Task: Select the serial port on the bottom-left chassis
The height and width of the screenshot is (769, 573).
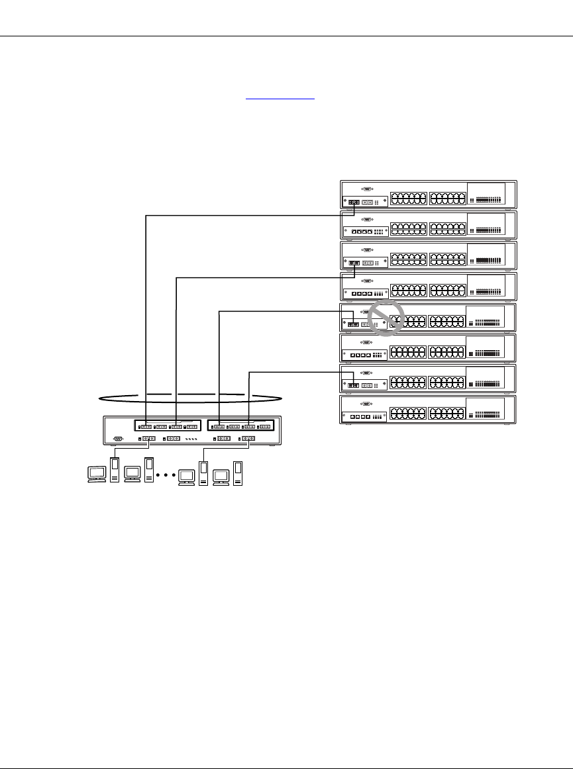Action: (118, 438)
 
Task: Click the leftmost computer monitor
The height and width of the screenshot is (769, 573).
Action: (97, 473)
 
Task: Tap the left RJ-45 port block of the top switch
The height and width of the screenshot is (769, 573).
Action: (408, 199)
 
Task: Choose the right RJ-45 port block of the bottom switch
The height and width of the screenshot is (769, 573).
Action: (446, 414)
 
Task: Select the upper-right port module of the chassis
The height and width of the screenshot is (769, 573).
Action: (240, 426)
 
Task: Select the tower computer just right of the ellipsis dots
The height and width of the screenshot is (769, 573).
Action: (204, 469)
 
